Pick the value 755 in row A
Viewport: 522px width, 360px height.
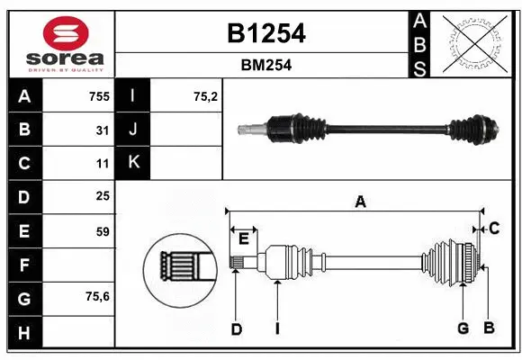pos(98,96)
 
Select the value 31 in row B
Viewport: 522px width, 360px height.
pos(103,130)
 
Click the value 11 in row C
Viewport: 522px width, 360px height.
pos(103,164)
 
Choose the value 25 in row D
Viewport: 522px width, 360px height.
pos(103,196)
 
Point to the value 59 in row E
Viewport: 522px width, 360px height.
pos(103,231)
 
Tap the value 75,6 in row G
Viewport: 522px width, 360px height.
pos(98,297)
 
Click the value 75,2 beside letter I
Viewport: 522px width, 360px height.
pos(206,96)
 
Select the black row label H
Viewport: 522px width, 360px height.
pos(24,333)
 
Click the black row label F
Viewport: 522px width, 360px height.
pos(24,265)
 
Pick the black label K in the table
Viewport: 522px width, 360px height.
pos(133,163)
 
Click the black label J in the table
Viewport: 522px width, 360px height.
pos(133,130)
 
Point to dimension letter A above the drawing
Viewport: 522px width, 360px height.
pos(360,202)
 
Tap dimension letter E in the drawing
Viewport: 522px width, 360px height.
pos(243,238)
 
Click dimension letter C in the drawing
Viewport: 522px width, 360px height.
pos(494,229)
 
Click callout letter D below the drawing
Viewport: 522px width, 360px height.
pos(236,329)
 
